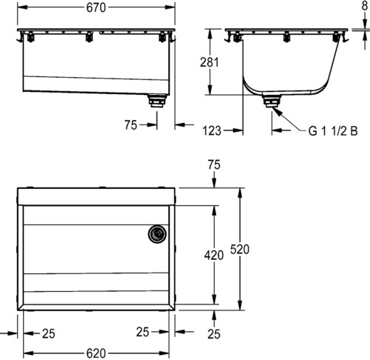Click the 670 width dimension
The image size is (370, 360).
[x=96, y=7]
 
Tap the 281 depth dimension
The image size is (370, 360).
[x=209, y=62]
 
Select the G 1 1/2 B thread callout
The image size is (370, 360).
[x=333, y=130]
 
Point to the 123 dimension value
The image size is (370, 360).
[x=212, y=130]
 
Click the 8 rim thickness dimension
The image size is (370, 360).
[x=365, y=5]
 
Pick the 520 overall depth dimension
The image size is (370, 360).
[x=240, y=249]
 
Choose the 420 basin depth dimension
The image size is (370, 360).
[x=214, y=255]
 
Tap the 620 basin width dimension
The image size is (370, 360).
[x=96, y=353]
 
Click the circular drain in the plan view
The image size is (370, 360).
[x=157, y=234]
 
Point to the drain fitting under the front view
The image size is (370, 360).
[x=157, y=101]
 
